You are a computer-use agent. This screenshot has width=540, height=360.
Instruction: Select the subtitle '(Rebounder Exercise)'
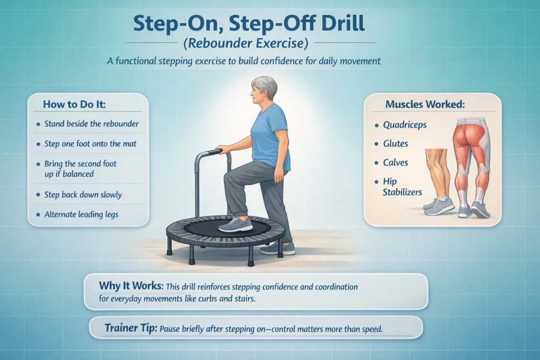pos(269,43)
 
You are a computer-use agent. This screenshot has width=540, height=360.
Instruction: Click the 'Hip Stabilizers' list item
pos(402,187)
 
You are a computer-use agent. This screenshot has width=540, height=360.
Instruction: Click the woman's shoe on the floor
pos(278,248)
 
